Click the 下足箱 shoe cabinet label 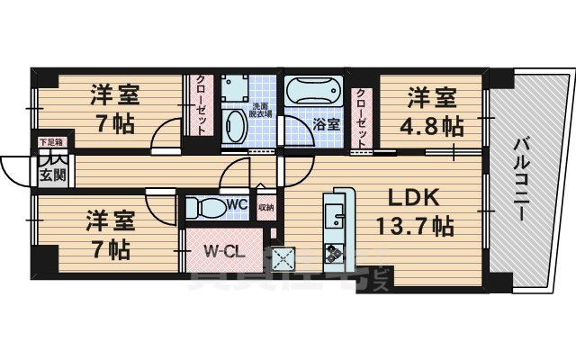tap(49, 142)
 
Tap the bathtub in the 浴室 tap(313, 92)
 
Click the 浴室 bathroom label tap(327, 123)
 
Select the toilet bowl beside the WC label tap(205, 207)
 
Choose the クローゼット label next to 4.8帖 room tap(362, 116)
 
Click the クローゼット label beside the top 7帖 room tap(200, 106)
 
